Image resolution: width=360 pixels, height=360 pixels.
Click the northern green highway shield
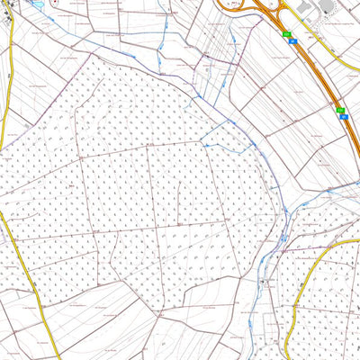[287, 34]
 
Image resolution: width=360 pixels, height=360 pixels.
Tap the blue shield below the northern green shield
[287, 40]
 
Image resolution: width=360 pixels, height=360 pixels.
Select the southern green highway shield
[341, 111]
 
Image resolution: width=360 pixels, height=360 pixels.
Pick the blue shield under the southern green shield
[341, 117]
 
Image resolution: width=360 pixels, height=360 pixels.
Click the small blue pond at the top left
[36, 4]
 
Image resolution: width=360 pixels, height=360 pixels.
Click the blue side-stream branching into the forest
[216, 135]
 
